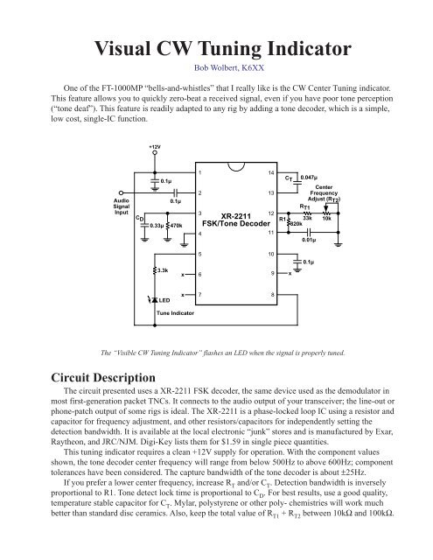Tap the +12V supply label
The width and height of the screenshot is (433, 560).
click(154, 147)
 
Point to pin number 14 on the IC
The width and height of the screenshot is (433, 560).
click(273, 173)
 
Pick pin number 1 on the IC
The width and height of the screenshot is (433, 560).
click(201, 173)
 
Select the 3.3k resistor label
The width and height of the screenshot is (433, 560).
click(164, 271)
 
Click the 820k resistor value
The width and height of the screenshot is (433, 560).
click(296, 225)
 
